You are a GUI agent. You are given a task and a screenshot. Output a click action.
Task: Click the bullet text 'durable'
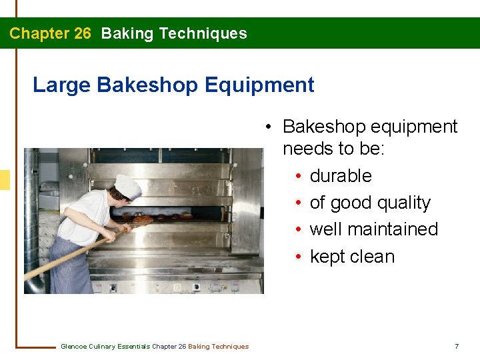341,176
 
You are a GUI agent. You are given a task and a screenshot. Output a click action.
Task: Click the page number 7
457,346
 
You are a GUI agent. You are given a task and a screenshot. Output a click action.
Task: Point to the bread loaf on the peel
143,219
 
